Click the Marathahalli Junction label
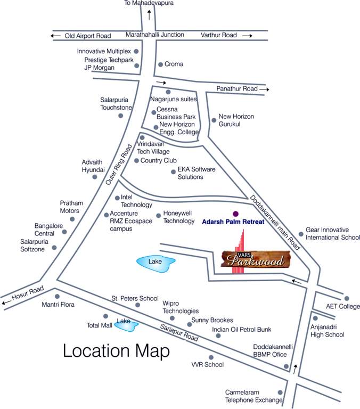click(154, 35)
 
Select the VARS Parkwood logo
click(258, 259)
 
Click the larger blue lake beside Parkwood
click(156, 262)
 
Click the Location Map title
click(116, 351)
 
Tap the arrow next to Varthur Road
click(247, 36)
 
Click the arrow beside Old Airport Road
click(55, 36)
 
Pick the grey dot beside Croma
click(160, 64)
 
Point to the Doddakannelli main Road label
click(275, 223)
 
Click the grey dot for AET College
click(347, 299)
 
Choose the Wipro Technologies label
click(181, 307)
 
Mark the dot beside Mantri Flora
click(57, 296)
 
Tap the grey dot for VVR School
click(211, 357)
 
